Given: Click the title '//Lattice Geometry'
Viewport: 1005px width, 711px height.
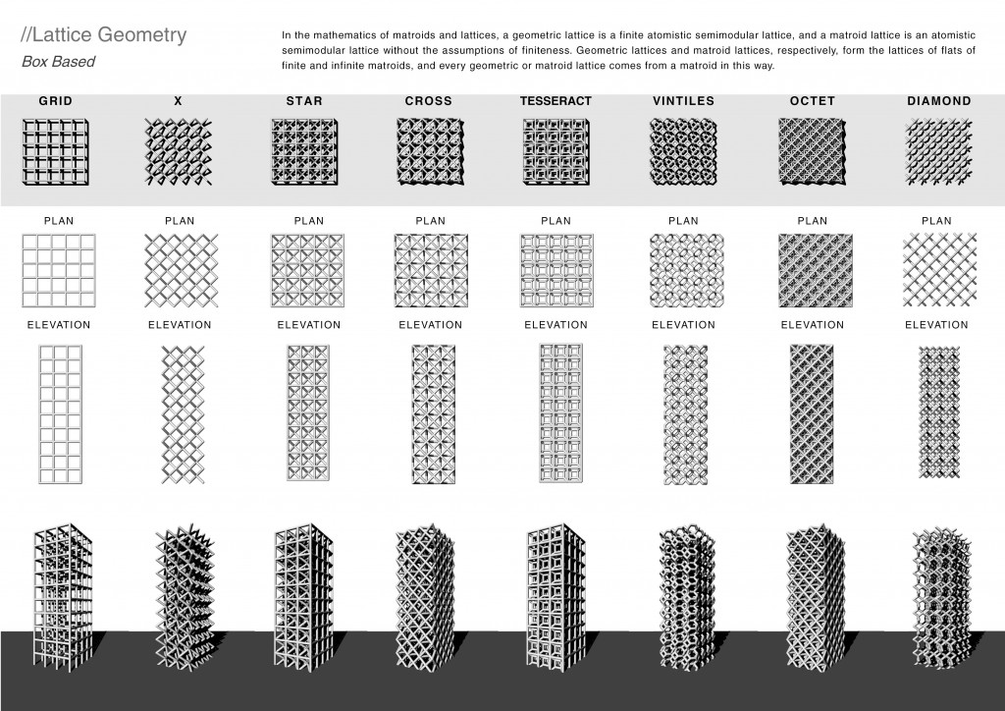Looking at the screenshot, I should pyautogui.click(x=104, y=36).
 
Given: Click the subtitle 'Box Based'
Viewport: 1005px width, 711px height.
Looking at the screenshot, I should pyautogui.click(x=58, y=62).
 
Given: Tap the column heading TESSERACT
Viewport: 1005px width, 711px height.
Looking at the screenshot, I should pyautogui.click(x=555, y=101).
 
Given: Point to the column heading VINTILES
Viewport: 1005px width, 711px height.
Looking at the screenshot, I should pyautogui.click(x=683, y=101).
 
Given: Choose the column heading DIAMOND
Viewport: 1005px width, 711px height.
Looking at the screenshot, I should pyautogui.click(x=939, y=101).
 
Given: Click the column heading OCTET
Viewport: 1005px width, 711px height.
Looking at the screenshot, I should pyautogui.click(x=812, y=101).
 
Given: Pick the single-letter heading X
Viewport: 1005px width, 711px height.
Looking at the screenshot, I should pyautogui.click(x=178, y=101).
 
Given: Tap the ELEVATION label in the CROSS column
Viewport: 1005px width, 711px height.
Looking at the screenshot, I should pyautogui.click(x=429, y=325).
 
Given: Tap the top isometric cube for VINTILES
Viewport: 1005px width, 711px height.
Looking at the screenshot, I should pyautogui.click(x=684, y=152).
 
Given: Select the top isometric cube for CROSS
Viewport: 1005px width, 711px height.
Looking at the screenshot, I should pyautogui.click(x=430, y=152).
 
